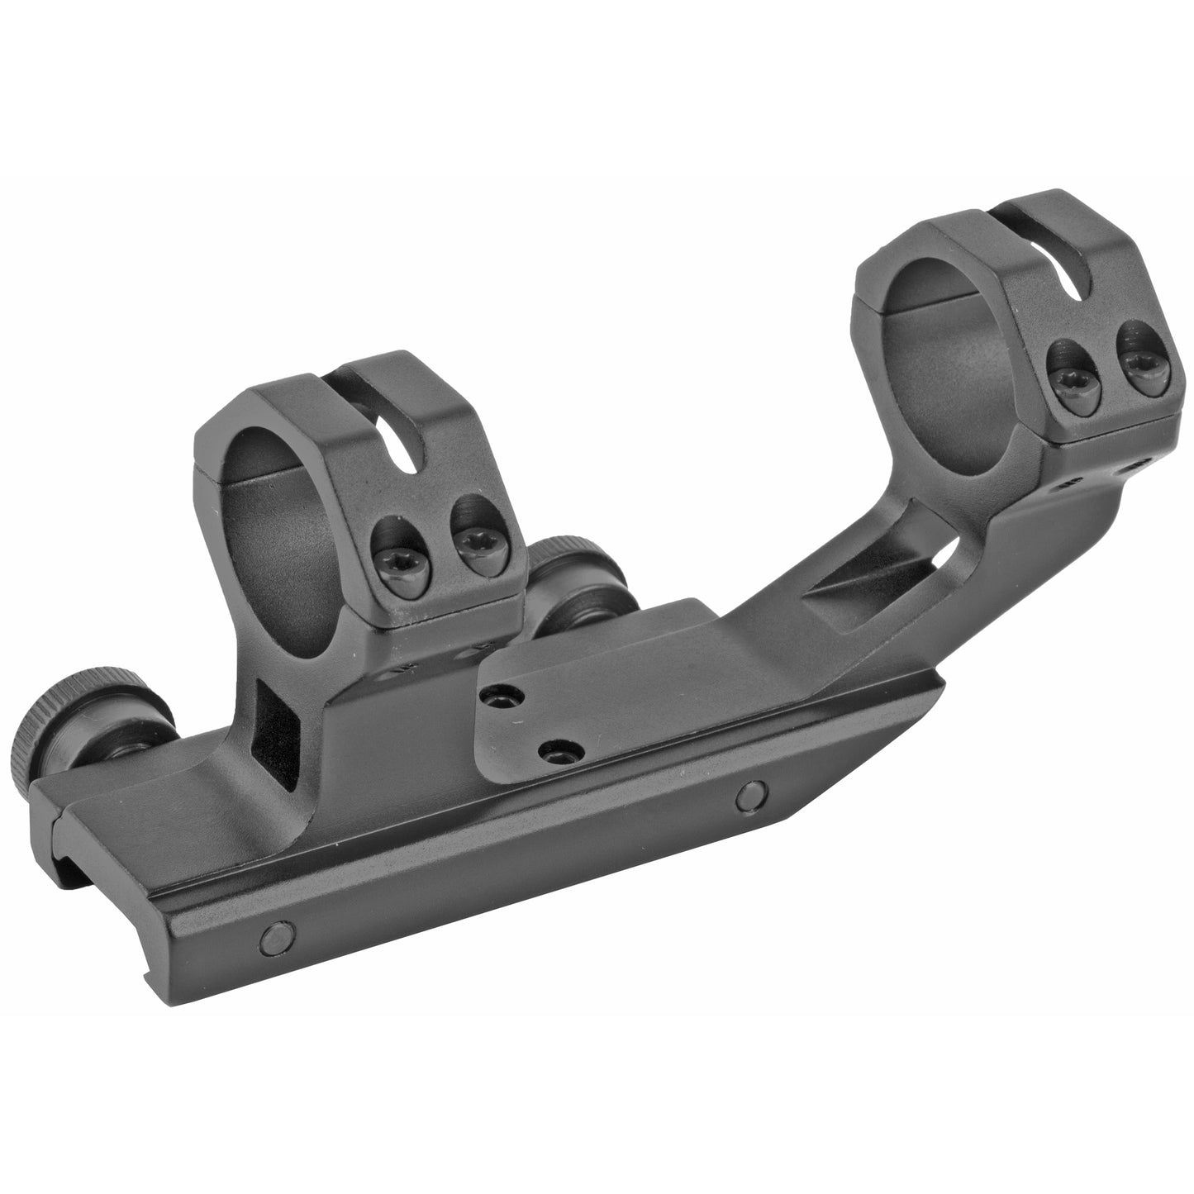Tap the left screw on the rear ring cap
coord(1066,368)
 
